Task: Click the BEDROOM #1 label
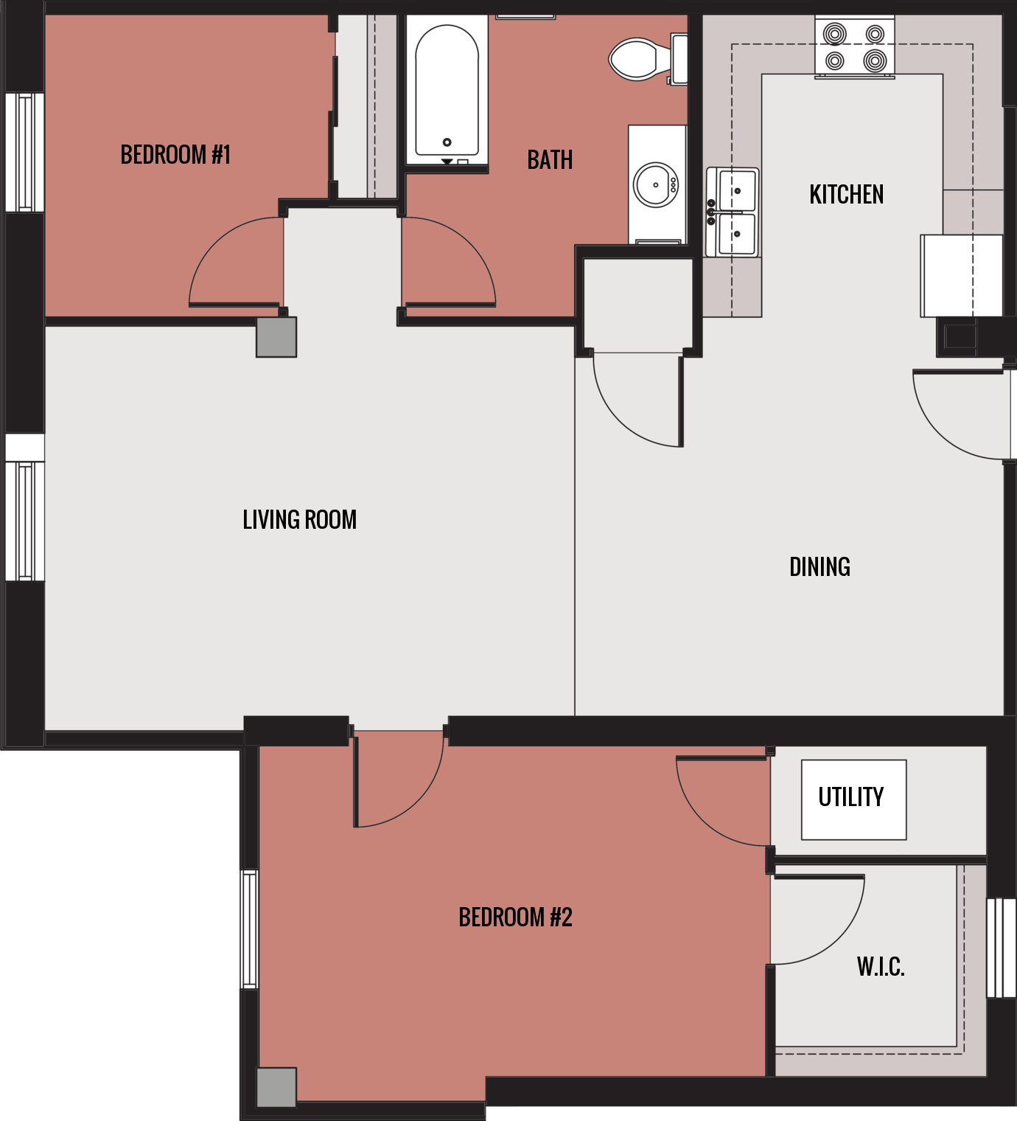175,155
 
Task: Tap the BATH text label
550,160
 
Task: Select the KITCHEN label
846,195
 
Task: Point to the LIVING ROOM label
299,520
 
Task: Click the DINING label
819,567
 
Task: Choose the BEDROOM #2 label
515,917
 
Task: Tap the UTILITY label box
853,799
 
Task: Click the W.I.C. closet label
880,967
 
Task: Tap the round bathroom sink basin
655,185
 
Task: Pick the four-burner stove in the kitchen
854,46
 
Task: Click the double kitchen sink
733,212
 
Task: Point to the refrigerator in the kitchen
961,276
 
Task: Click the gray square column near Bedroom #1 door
276,337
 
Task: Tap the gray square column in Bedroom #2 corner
276,1087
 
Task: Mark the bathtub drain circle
447,142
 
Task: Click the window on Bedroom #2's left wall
249,929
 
